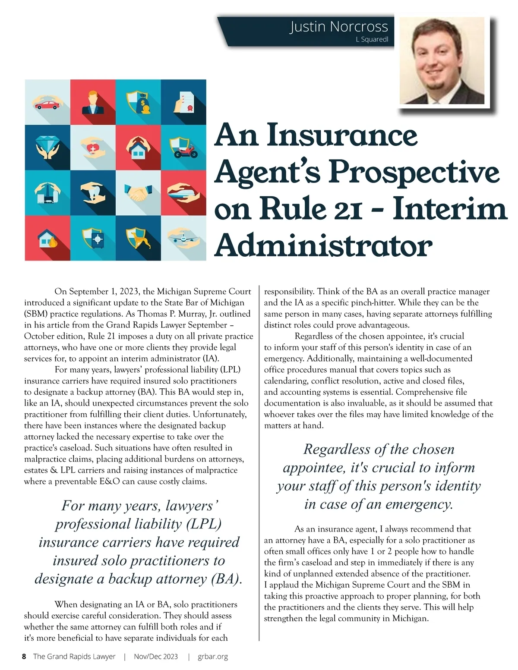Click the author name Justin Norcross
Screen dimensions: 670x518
click(x=339, y=26)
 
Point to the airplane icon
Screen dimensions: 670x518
click(x=183, y=238)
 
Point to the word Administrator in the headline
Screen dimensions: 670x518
click(x=323, y=246)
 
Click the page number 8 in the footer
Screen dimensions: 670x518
click(x=24, y=656)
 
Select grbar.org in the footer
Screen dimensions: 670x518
click(x=213, y=656)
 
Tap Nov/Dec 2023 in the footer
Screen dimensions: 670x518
click(x=156, y=656)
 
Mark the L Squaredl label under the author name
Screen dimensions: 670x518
click(x=372, y=39)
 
